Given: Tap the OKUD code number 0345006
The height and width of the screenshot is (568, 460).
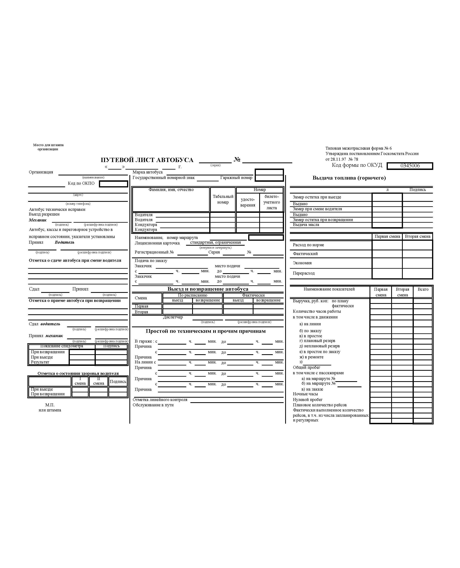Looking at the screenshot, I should [x=410, y=166].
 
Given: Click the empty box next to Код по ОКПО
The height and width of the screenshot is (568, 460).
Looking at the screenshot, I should [x=113, y=184].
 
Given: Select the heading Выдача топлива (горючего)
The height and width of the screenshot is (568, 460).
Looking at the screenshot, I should [x=349, y=178].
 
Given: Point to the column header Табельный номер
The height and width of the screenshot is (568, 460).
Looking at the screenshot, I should [x=223, y=199].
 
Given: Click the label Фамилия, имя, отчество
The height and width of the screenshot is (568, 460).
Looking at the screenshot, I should [x=171, y=190].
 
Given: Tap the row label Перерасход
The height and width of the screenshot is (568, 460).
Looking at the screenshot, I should [x=303, y=273].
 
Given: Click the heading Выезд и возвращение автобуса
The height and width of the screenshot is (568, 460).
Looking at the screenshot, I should [x=208, y=289].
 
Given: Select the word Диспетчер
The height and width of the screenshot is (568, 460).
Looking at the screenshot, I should [x=173, y=317].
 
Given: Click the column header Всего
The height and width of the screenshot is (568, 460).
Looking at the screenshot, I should [x=423, y=289].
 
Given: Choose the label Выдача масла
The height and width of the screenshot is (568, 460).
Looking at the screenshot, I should [x=306, y=225].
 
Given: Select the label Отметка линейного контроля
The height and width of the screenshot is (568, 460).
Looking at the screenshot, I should [x=160, y=399].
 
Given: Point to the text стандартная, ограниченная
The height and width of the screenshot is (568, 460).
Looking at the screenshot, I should [x=215, y=243].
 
